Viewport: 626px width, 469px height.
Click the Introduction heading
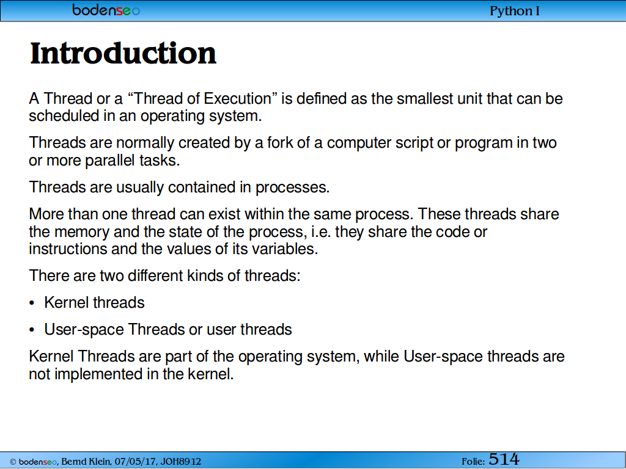coord(123,53)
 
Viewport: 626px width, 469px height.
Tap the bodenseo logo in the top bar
coord(106,10)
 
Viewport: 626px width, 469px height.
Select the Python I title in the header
coord(515,11)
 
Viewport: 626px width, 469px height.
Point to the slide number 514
coord(504,459)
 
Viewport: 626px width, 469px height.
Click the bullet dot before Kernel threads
coord(32,304)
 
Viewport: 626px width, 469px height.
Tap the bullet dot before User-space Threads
coord(32,330)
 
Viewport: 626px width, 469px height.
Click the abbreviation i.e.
coord(321,231)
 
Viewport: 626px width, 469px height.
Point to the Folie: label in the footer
coord(474,462)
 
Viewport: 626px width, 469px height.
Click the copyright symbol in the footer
coord(13,462)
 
